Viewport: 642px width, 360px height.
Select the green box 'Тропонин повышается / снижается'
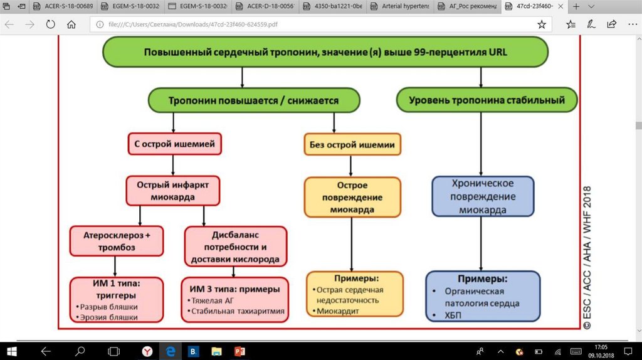(253, 100)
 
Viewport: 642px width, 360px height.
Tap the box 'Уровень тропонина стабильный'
(487, 100)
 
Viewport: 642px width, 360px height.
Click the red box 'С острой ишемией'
(174, 144)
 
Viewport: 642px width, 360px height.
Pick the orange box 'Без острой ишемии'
(352, 145)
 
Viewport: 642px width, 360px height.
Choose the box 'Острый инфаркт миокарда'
(172, 191)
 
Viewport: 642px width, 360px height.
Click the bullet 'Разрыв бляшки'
(109, 307)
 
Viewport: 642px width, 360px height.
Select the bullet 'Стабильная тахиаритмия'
(238, 311)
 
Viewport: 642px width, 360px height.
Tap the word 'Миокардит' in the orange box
(338, 310)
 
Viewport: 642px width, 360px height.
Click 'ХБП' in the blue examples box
(452, 315)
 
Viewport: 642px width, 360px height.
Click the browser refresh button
(50, 24)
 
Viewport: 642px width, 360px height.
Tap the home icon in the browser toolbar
(71, 24)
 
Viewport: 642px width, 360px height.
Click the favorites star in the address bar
(542, 24)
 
